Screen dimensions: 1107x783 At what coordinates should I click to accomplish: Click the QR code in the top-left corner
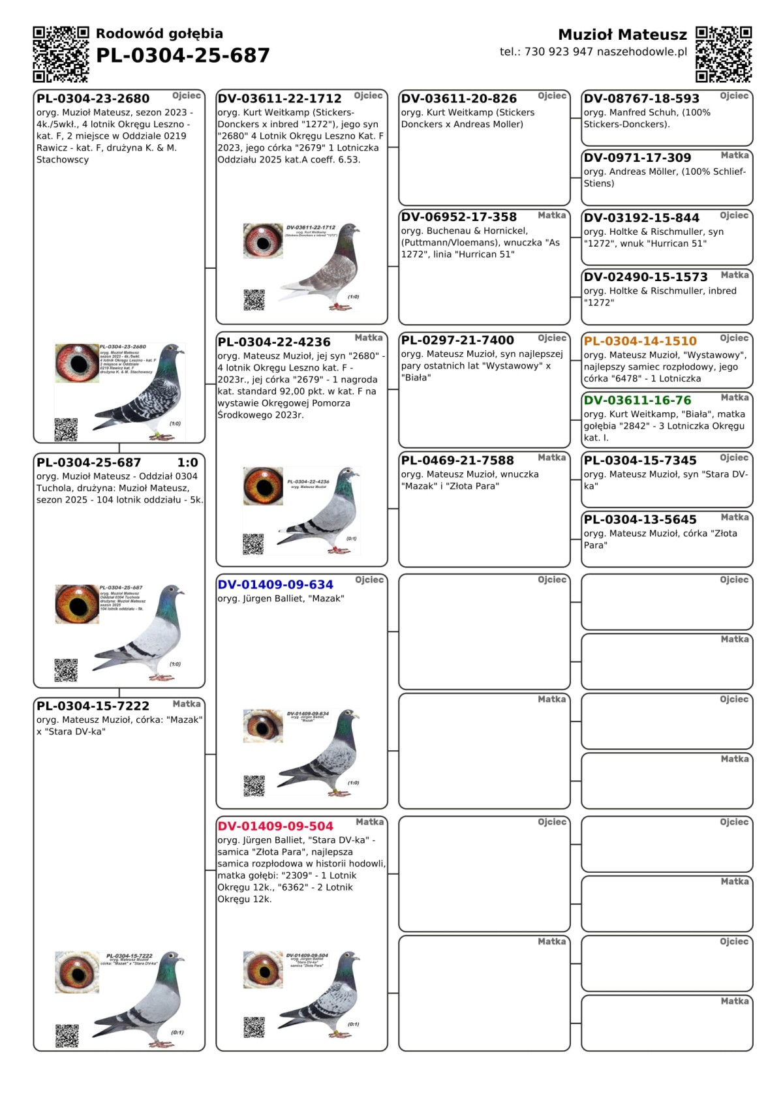click(x=61, y=54)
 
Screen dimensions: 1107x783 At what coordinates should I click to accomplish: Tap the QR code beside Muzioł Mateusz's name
click(x=724, y=54)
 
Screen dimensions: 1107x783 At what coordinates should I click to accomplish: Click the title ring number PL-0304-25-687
click(x=183, y=56)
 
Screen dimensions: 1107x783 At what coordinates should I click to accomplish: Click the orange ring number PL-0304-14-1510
click(x=640, y=341)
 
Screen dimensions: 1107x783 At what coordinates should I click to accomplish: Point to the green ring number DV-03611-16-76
click(x=637, y=401)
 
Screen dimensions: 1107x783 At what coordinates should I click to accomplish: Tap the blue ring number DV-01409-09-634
click(x=275, y=585)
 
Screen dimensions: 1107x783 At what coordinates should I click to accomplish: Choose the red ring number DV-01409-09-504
click(x=275, y=826)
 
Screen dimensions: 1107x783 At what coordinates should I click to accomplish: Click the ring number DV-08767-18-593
click(x=641, y=99)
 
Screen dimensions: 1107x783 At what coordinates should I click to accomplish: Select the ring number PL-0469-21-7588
click(x=457, y=461)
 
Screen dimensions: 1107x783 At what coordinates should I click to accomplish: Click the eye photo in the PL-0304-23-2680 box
click(x=77, y=363)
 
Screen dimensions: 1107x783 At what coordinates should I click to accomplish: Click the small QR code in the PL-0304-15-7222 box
click(x=67, y=1036)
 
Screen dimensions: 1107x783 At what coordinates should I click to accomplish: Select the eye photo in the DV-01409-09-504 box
click(x=263, y=970)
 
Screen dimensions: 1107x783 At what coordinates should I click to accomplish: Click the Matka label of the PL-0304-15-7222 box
click(x=187, y=705)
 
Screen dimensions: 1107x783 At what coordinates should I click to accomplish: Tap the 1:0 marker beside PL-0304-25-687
click(x=188, y=463)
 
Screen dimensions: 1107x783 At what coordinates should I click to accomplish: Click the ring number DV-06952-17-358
click(x=459, y=217)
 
